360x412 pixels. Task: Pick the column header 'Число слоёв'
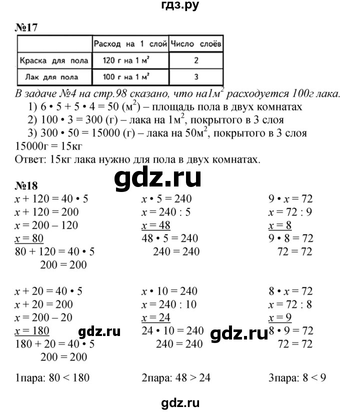pyautogui.click(x=196, y=44)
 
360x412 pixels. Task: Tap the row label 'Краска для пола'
pyautogui.click(x=54, y=61)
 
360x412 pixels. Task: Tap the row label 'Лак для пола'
pyautogui.click(x=54, y=77)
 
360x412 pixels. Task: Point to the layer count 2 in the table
pyautogui.click(x=196, y=61)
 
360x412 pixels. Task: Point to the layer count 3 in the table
pyautogui.click(x=196, y=77)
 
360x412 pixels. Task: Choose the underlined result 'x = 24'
pyautogui.click(x=156, y=317)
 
